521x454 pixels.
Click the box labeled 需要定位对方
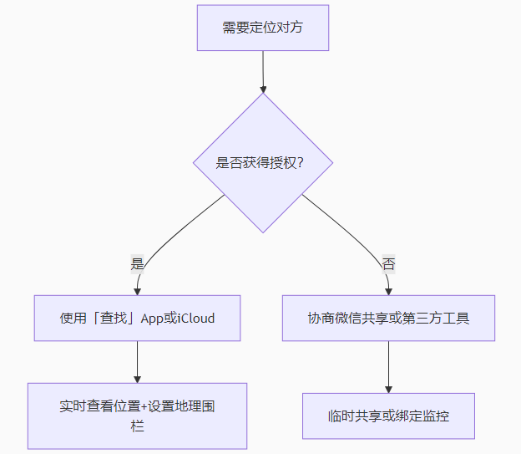coord(263,27)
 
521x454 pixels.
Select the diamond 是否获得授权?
coord(263,163)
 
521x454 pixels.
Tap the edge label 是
coord(137,263)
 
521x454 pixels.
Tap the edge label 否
coord(388,263)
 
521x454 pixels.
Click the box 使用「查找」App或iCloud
coord(137,318)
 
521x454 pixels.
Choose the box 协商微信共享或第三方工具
coord(388,318)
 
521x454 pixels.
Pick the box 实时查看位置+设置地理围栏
coord(137,416)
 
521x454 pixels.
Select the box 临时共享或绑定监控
coord(388,416)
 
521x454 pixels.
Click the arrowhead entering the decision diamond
coord(263,88)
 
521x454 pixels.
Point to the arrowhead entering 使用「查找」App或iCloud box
coord(137,290)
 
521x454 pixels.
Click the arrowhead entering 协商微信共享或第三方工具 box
coord(388,290)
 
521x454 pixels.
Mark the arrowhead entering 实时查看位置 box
coord(137,378)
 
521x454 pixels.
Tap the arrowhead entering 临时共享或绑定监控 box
coord(388,388)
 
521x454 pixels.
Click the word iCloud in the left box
coord(196,318)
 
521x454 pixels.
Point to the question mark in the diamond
coord(299,163)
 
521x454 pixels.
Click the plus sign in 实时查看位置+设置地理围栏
coord(144,406)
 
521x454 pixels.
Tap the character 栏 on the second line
coord(137,426)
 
